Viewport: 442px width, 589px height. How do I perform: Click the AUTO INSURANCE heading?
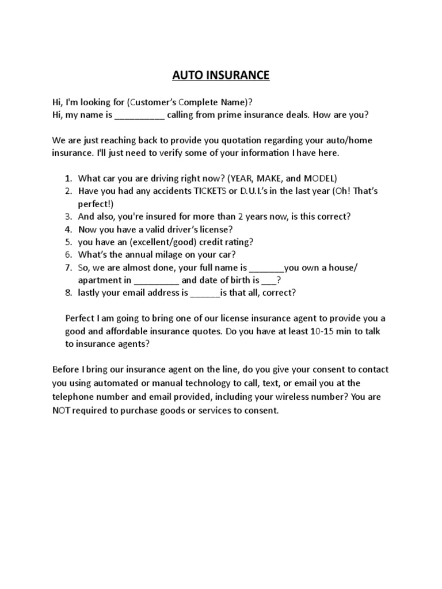tap(221, 75)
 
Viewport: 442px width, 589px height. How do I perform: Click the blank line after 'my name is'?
tap(140, 114)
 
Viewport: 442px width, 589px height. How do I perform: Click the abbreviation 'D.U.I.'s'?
tap(246, 192)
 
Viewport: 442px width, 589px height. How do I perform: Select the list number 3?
tap(68, 217)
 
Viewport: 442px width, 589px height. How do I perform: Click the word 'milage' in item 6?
tap(172, 255)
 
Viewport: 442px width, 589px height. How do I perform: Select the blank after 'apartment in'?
tap(156, 281)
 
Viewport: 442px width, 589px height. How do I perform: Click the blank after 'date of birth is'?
tap(269, 281)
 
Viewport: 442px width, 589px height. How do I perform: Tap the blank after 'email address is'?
tap(205, 293)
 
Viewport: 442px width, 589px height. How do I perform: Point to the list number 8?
tap(68, 293)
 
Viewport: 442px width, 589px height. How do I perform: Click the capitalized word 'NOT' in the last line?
tap(62, 411)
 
